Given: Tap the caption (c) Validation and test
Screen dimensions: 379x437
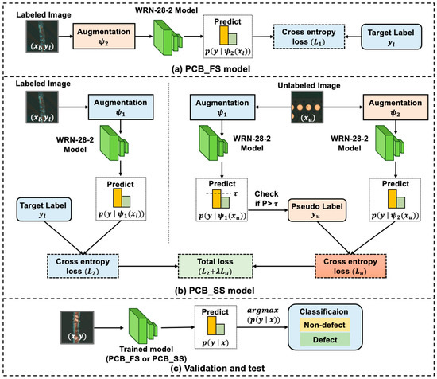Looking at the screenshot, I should coord(218,372).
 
